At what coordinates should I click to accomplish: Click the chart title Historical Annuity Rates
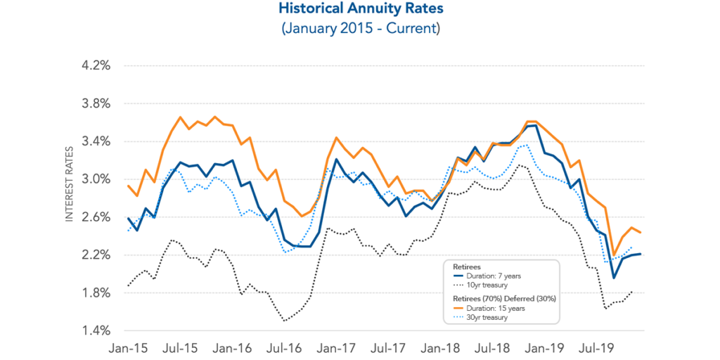[360, 10]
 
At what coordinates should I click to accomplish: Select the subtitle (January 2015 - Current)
[360, 30]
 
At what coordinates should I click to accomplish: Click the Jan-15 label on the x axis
[129, 347]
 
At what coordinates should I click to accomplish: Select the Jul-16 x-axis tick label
[284, 347]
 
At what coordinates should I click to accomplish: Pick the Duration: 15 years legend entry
[491, 308]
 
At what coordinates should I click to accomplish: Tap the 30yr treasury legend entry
[485, 318]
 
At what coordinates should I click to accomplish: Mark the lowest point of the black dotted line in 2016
[284, 321]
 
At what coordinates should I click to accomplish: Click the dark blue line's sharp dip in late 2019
[612, 278]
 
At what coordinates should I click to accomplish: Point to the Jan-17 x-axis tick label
[336, 347]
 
